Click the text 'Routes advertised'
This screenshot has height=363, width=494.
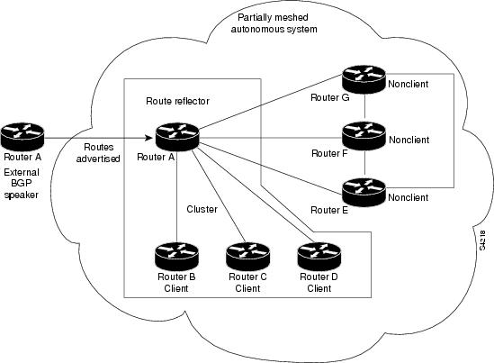[x=98, y=152]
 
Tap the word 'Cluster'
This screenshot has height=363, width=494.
[x=202, y=209]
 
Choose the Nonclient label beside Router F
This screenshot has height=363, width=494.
[x=409, y=140]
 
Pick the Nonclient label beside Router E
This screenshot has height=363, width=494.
[x=409, y=196]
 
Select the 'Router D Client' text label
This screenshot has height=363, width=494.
[x=319, y=282]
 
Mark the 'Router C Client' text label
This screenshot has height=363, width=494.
[x=247, y=282]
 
